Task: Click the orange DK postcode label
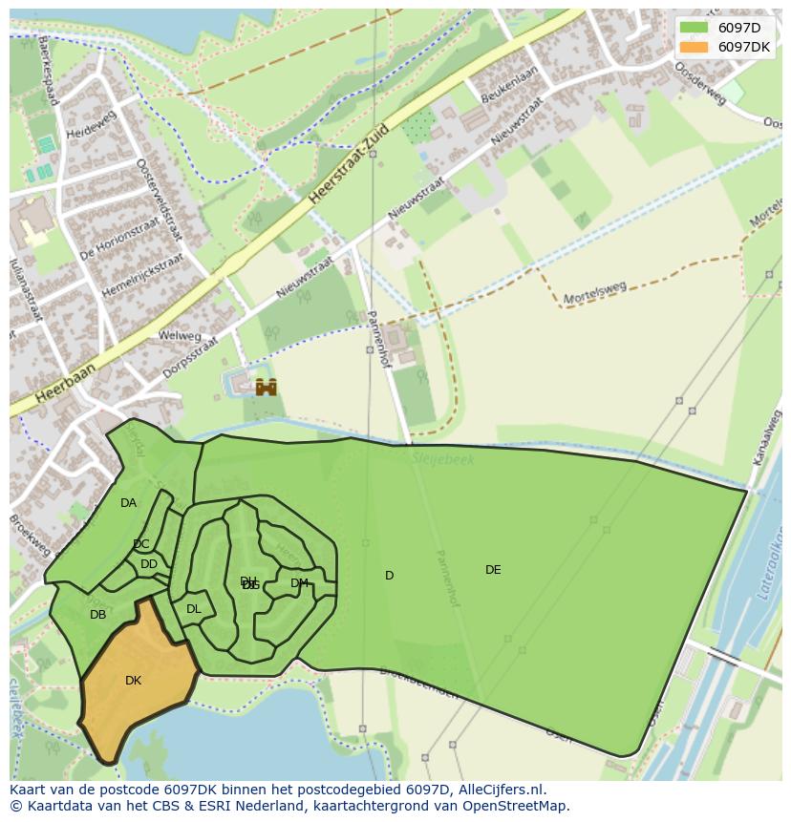133,681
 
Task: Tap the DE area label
493,570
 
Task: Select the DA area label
128,503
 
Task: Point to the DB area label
97,615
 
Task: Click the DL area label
194,609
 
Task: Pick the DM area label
299,583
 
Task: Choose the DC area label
141,544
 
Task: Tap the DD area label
149,564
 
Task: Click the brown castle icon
266,387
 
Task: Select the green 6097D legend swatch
695,28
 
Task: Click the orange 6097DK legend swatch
695,47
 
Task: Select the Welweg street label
180,336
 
